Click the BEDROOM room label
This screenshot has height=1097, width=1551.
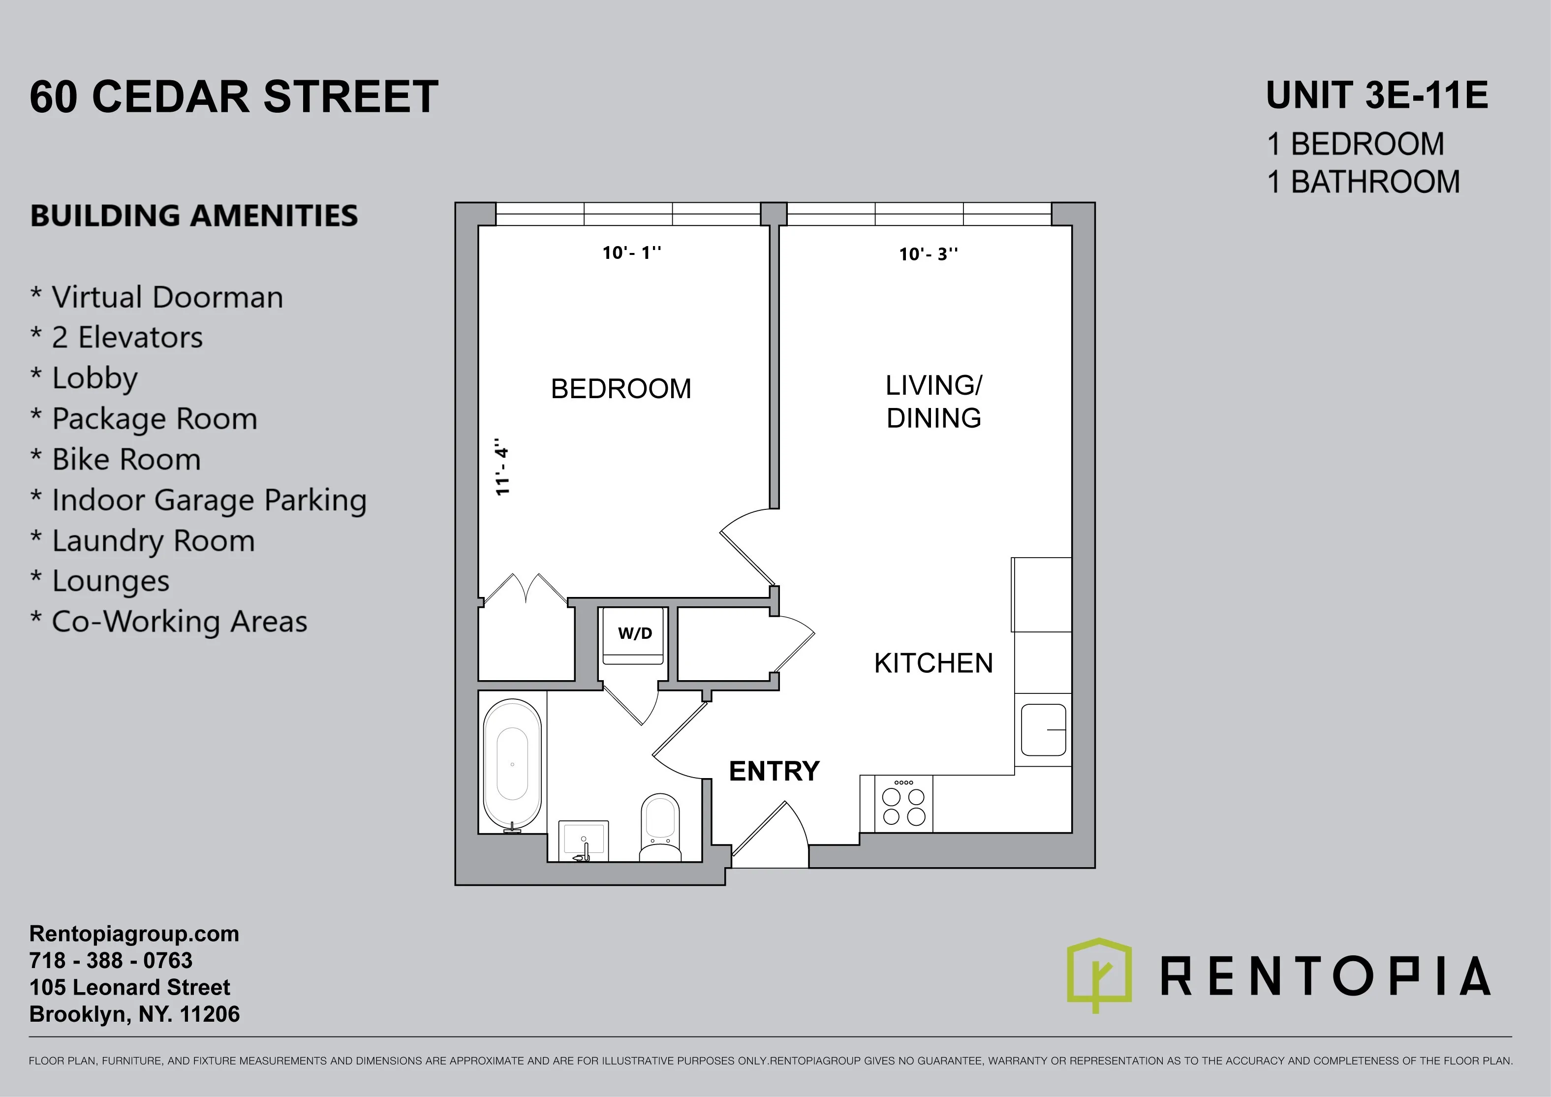click(621, 389)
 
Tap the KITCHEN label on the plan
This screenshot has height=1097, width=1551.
click(933, 663)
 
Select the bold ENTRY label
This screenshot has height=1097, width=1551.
click(774, 771)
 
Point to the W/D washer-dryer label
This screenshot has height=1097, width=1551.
click(635, 633)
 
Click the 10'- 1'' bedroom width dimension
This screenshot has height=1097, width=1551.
click(632, 252)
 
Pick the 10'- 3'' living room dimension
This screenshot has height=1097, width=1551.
click(928, 254)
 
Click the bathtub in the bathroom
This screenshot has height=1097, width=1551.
click(512, 763)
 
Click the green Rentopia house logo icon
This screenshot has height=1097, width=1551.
click(1099, 973)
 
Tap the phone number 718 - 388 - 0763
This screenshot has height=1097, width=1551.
click(111, 961)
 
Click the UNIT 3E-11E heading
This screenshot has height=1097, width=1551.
click(1377, 95)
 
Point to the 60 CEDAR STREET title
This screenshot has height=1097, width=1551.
click(234, 96)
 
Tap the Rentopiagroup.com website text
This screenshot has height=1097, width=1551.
click(134, 934)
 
